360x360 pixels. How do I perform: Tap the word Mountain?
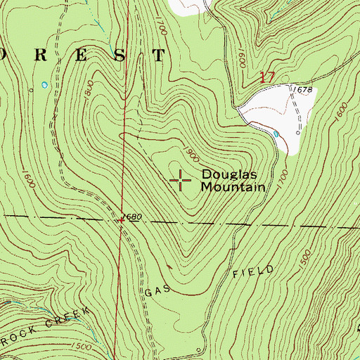pos(233,187)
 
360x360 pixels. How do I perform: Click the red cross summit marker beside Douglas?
pos(181,180)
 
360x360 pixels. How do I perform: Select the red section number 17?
pos(266,77)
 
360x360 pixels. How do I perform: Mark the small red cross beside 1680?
pos(121,220)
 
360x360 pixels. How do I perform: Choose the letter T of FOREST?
pos(160,56)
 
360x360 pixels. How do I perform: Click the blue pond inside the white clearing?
pos(276,133)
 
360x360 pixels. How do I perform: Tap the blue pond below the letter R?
pos(45,84)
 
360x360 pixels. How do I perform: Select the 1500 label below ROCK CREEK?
pos(82,347)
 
